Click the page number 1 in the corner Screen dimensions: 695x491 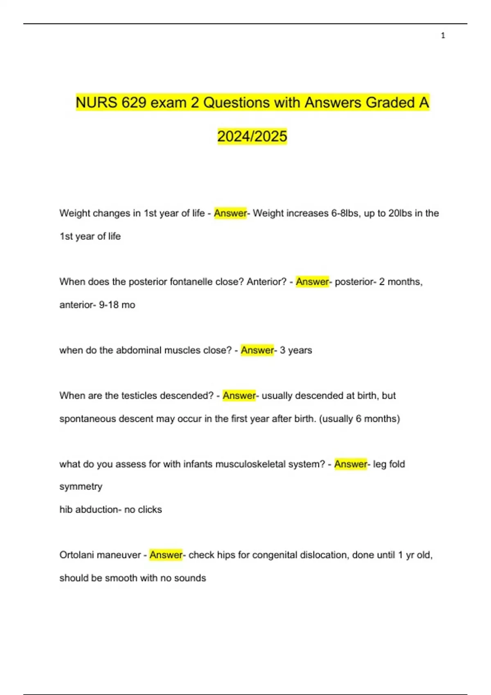coord(443,36)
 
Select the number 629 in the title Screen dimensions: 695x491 coord(134,103)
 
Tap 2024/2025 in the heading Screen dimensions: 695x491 coord(252,136)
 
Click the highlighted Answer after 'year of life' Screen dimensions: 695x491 coord(230,213)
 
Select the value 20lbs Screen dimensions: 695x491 coord(400,213)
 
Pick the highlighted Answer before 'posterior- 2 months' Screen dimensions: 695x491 coord(312,282)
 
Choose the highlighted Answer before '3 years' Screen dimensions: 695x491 coord(257,350)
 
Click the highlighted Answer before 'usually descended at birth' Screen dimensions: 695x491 coord(239,396)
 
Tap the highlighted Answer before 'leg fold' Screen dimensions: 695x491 coord(350,464)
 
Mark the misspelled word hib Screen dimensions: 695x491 coord(65,510)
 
